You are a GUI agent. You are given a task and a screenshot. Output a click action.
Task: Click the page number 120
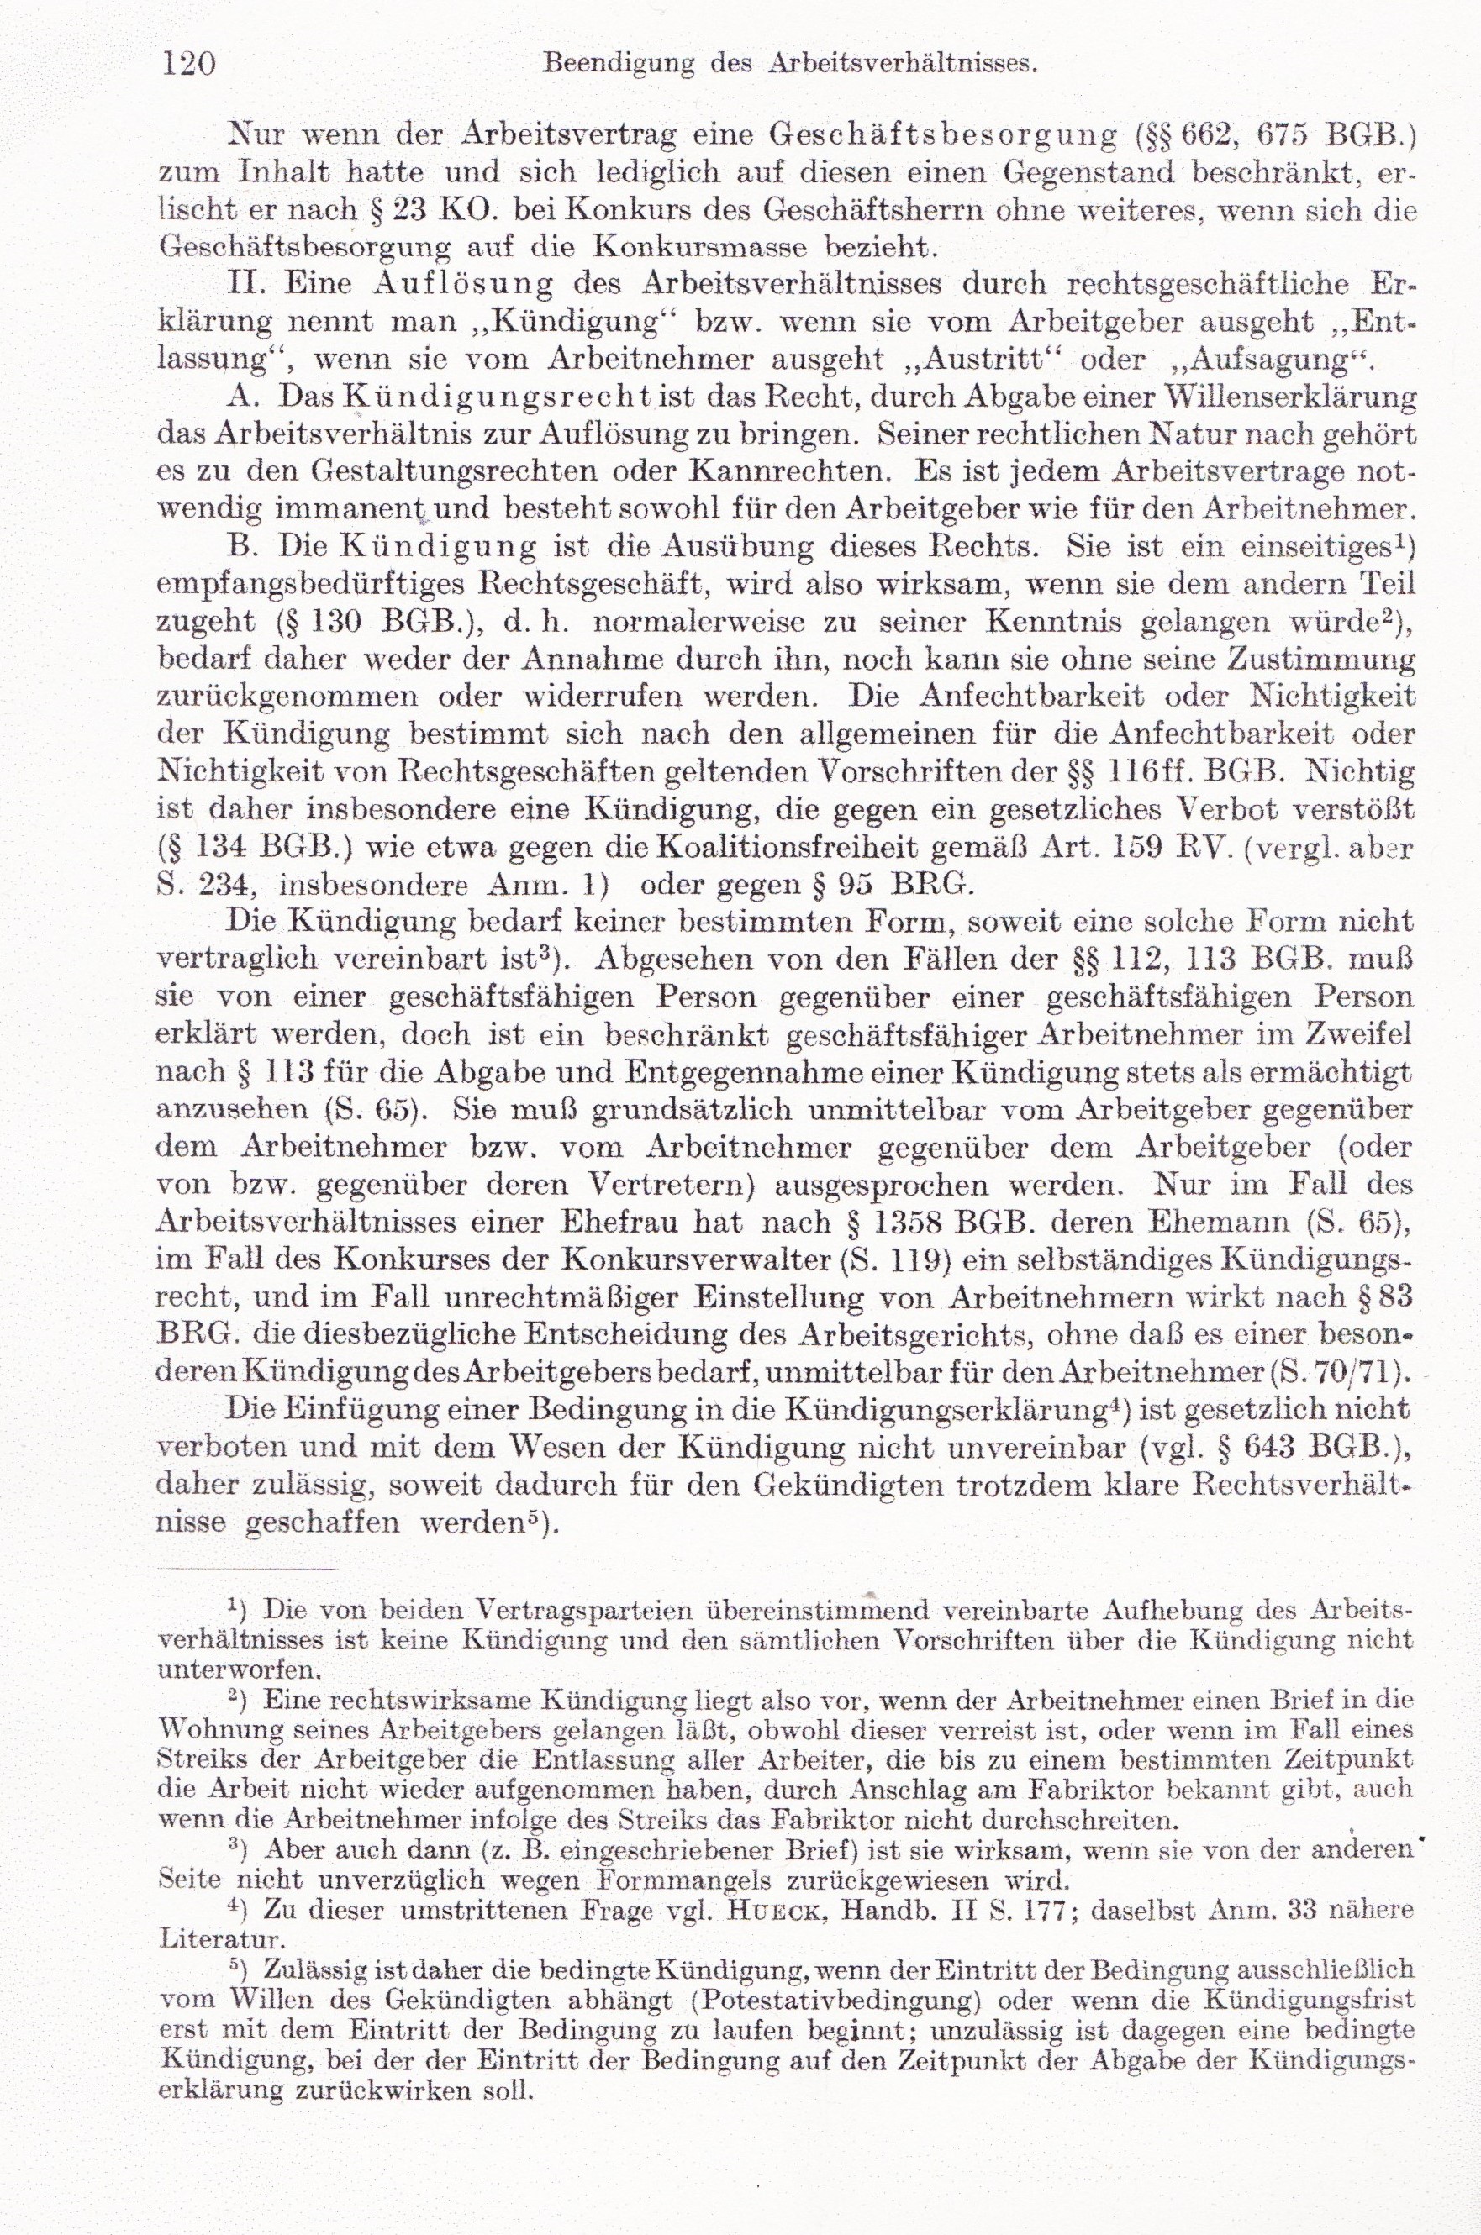click(x=190, y=64)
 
